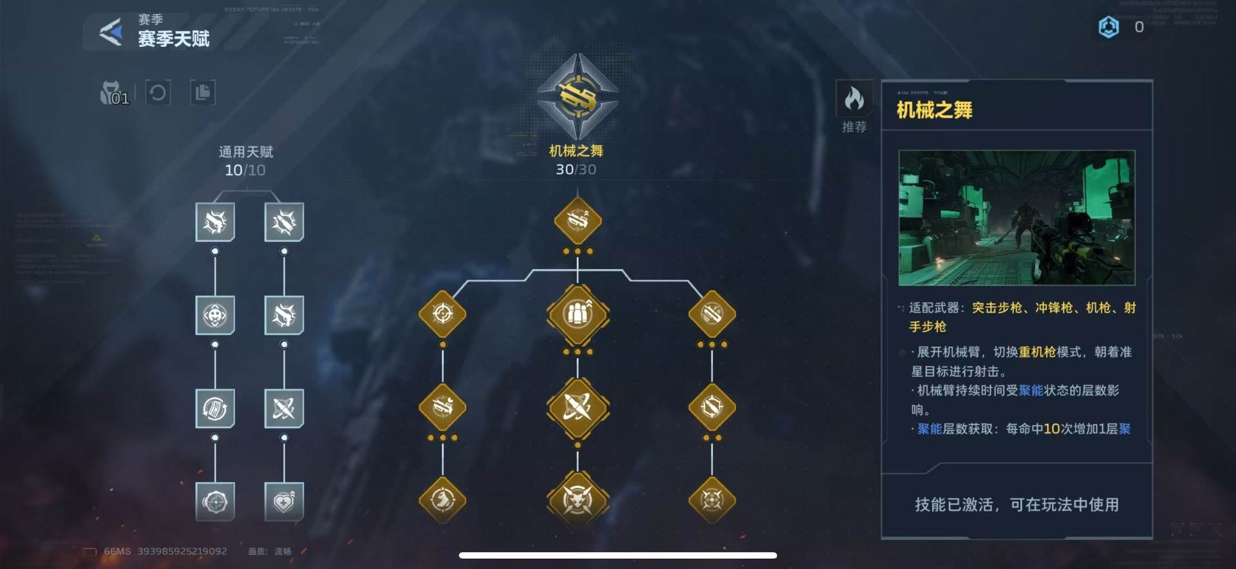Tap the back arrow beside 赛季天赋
pos(111,32)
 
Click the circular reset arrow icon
pos(158,93)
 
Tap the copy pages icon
pos(203,93)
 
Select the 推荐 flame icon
pos(854,100)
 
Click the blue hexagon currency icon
pos(1109,27)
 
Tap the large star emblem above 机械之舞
pos(577,97)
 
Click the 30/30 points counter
pos(576,169)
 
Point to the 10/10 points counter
pos(245,170)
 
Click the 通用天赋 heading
pos(246,152)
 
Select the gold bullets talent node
pos(577,314)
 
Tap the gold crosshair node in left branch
pos(442,314)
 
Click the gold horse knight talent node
pos(442,499)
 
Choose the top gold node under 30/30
pos(577,221)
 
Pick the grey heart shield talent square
pos(284,501)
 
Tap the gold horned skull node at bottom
pos(577,499)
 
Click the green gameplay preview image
pos(1016,218)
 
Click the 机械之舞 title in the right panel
pos(934,110)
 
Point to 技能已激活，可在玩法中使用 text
pos(1016,505)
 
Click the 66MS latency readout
pos(117,552)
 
